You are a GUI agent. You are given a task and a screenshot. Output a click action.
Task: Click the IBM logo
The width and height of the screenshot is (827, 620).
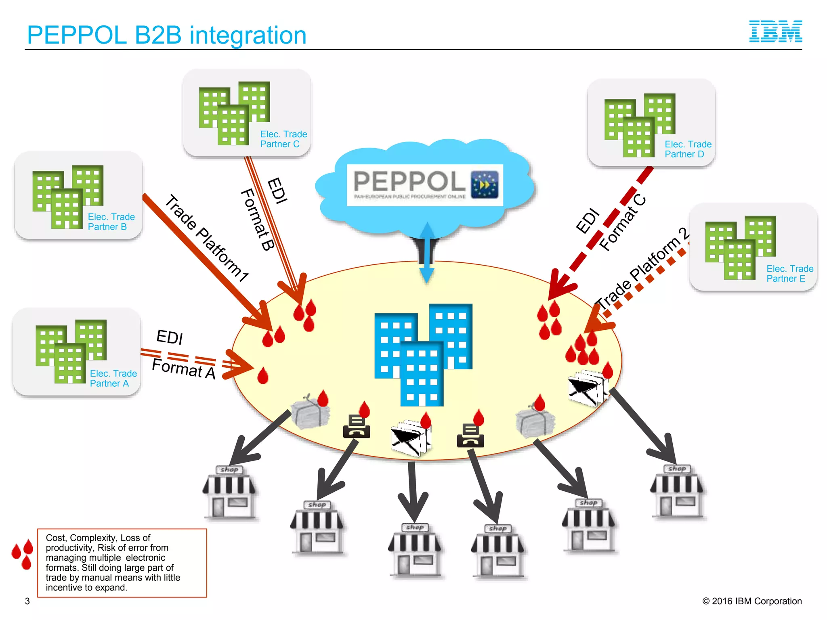tap(775, 31)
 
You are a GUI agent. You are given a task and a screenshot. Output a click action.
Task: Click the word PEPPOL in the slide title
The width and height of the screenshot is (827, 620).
tap(77, 35)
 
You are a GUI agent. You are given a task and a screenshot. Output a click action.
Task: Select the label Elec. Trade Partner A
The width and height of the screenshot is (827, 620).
tap(113, 378)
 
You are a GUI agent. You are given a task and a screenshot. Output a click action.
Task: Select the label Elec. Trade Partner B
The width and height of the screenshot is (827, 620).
tap(111, 222)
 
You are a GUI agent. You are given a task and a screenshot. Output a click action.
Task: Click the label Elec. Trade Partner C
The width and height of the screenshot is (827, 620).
tap(283, 139)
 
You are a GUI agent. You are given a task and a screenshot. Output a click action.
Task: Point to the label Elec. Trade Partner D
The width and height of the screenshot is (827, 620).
tap(688, 149)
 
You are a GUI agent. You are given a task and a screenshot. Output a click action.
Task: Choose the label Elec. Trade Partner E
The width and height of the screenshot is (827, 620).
tap(789, 273)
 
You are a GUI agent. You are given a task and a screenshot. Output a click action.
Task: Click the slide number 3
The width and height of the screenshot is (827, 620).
tap(27, 601)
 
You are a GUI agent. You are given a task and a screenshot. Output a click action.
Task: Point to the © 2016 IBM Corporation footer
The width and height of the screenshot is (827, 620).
tap(751, 601)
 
